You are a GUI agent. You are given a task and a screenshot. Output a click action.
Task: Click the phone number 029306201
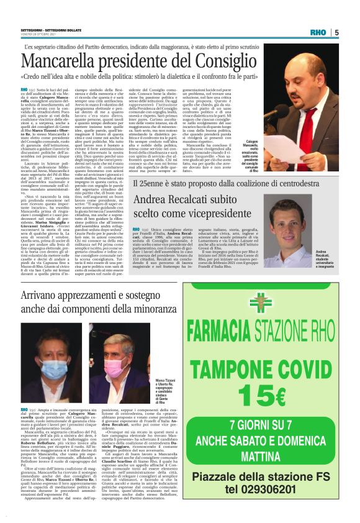pos(277,488)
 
